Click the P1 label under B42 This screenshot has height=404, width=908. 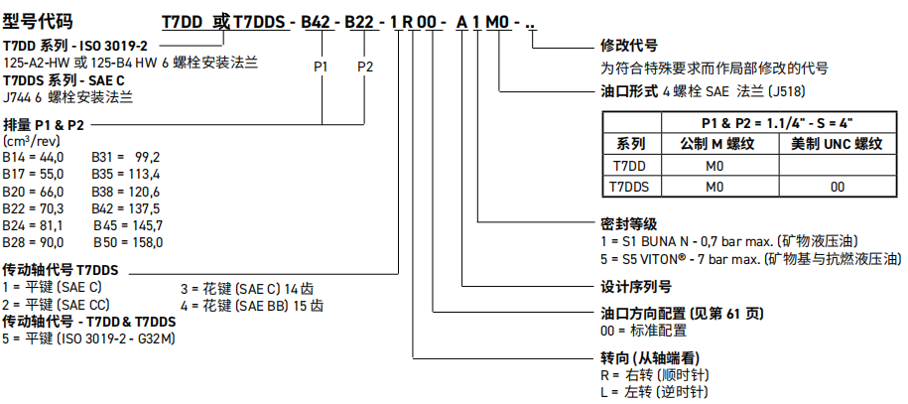[321, 67]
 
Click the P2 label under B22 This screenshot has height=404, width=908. [364, 67]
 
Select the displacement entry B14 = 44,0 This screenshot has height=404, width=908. [33, 157]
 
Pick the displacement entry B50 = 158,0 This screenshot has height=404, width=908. [127, 241]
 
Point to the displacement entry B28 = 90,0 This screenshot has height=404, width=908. [33, 241]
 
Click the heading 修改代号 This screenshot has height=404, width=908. [629, 47]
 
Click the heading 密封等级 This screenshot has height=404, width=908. [629, 225]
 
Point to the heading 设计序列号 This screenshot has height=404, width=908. [636, 286]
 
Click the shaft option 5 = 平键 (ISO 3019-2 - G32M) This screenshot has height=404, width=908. [88, 338]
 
